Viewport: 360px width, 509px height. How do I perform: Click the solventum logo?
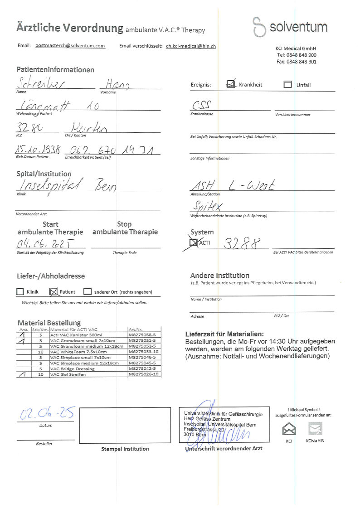pos(290,27)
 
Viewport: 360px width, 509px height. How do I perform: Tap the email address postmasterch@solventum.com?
pos(70,46)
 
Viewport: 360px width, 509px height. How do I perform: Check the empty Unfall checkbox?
pos(287,84)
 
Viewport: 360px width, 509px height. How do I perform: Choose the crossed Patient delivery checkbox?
pos(53,291)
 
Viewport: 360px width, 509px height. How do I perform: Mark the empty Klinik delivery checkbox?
pos(20,292)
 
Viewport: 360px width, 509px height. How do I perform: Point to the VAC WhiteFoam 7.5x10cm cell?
pos(78,352)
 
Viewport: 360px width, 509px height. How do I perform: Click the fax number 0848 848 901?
pos(296,62)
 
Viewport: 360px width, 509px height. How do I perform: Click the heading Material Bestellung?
pos(49,323)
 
